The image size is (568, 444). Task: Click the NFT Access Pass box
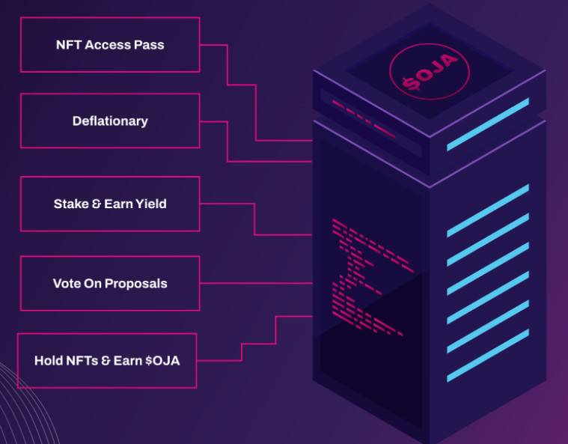click(110, 45)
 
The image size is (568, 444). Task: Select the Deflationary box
click(110, 121)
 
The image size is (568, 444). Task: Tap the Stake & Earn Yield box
click(110, 204)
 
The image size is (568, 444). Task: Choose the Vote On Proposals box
click(110, 284)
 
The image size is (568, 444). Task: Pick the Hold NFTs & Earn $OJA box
click(107, 361)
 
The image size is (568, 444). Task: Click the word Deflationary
click(110, 121)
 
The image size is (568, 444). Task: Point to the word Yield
click(151, 204)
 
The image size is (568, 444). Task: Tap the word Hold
click(48, 361)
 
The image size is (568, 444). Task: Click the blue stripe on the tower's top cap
click(487, 124)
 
